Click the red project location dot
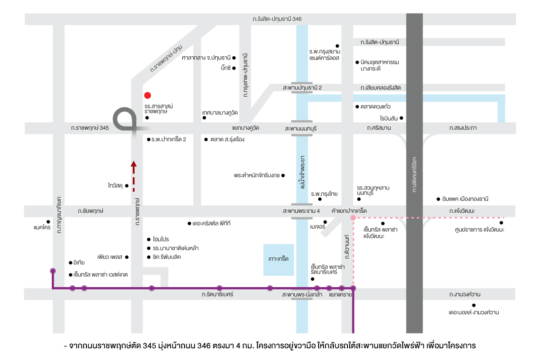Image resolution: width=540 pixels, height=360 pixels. [x=147, y=95]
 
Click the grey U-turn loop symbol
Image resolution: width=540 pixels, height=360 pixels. [x=125, y=119]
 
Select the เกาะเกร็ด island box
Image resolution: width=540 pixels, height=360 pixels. [x=278, y=260]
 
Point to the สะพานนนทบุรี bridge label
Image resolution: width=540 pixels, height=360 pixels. [x=301, y=128]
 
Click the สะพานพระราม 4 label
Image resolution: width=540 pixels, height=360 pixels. [x=301, y=211]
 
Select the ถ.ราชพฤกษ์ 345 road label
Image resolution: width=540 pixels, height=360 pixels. [x=90, y=128]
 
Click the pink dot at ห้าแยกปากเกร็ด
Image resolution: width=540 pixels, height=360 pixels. [x=353, y=218]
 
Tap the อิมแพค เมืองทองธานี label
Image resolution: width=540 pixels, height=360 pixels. [x=465, y=199]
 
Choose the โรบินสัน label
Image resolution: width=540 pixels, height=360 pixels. [x=389, y=118]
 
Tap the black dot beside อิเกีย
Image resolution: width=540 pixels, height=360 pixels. [x=70, y=263]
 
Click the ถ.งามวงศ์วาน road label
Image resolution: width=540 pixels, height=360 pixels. [x=465, y=295]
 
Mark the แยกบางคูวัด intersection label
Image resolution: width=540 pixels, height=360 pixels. [x=246, y=128]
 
